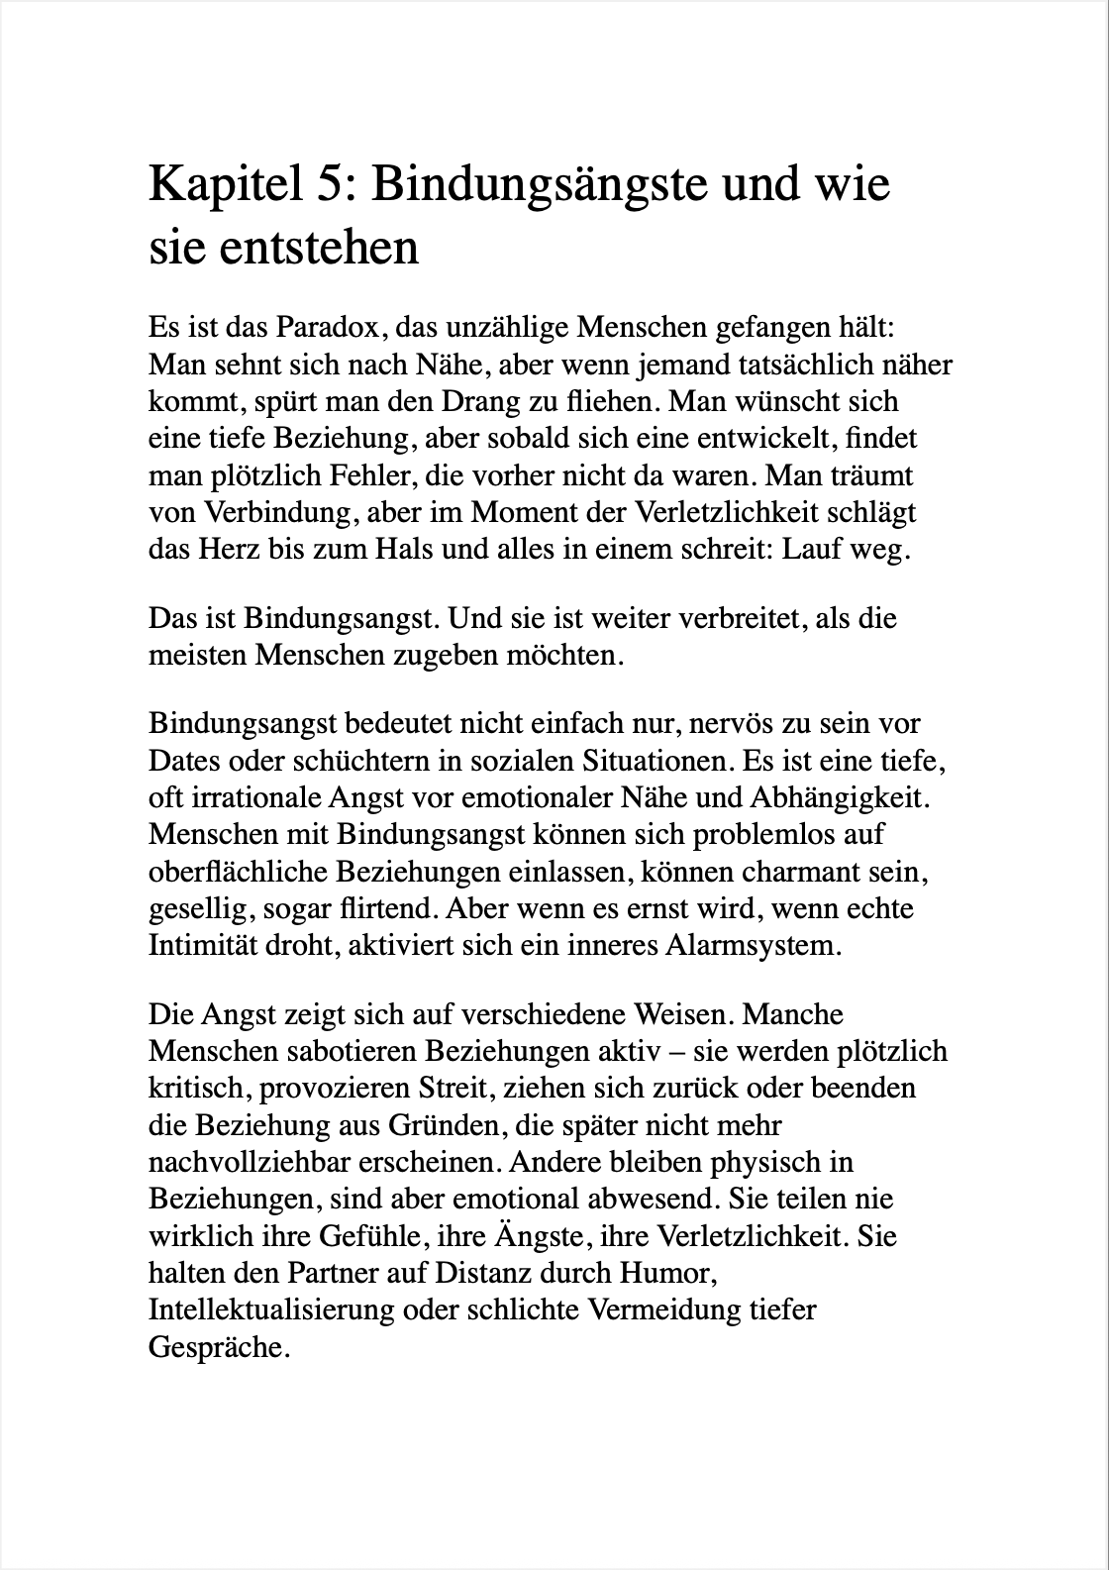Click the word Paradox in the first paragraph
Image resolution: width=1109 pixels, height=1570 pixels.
[x=325, y=327]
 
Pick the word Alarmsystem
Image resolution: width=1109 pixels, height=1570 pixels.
[x=757, y=945]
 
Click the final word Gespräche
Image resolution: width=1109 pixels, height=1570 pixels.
[x=218, y=1348]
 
